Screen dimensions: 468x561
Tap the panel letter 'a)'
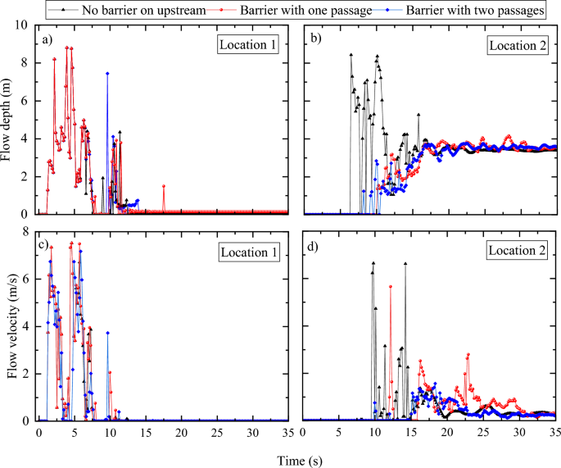[50, 43]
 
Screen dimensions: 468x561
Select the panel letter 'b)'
[315, 43]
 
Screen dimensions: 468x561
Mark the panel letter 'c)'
[50, 247]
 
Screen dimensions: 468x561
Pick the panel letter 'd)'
[315, 247]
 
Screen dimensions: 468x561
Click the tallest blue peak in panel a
[107, 74]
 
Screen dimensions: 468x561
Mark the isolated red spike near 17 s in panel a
[163, 186]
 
